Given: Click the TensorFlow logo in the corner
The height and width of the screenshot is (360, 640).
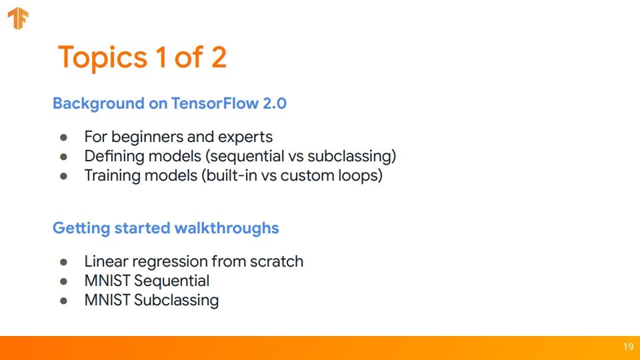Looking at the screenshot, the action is pyautogui.click(x=18, y=19).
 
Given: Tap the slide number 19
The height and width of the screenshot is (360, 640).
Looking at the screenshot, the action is pyautogui.click(x=628, y=347).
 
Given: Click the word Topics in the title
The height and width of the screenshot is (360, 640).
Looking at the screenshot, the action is pyautogui.click(x=103, y=57).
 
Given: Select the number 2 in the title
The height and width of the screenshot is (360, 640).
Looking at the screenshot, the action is pyautogui.click(x=219, y=57).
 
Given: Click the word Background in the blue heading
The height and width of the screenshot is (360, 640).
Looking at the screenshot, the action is pyautogui.click(x=99, y=104).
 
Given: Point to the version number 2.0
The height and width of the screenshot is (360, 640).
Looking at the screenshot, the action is pyautogui.click(x=274, y=103).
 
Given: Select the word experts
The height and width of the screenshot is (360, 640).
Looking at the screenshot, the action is pyautogui.click(x=245, y=137).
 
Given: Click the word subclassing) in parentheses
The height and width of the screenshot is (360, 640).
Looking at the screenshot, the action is pyautogui.click(x=351, y=156).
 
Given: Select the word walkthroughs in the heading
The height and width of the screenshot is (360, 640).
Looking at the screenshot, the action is pyautogui.click(x=227, y=228).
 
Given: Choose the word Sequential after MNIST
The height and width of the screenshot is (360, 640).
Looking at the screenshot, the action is pyautogui.click(x=171, y=281).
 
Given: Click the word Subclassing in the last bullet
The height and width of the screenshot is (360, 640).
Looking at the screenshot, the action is pyautogui.click(x=176, y=301).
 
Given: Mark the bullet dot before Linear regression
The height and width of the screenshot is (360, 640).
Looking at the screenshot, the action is pyautogui.click(x=63, y=262).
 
